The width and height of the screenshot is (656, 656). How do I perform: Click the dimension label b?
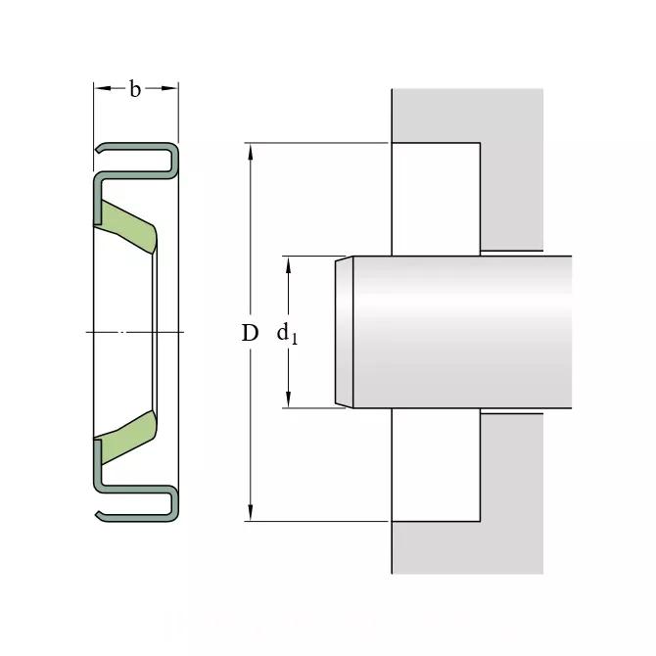(135, 89)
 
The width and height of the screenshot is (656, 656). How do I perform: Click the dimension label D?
(251, 333)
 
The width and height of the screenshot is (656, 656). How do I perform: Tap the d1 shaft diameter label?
(287, 334)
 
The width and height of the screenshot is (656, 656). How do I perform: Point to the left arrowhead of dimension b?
(103, 88)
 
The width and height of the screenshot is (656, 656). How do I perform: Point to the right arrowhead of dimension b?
(169, 88)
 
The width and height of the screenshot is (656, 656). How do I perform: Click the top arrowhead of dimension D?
(251, 152)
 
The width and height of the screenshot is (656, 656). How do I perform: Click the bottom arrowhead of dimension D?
(251, 512)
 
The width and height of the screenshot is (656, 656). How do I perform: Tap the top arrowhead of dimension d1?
(288, 264)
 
